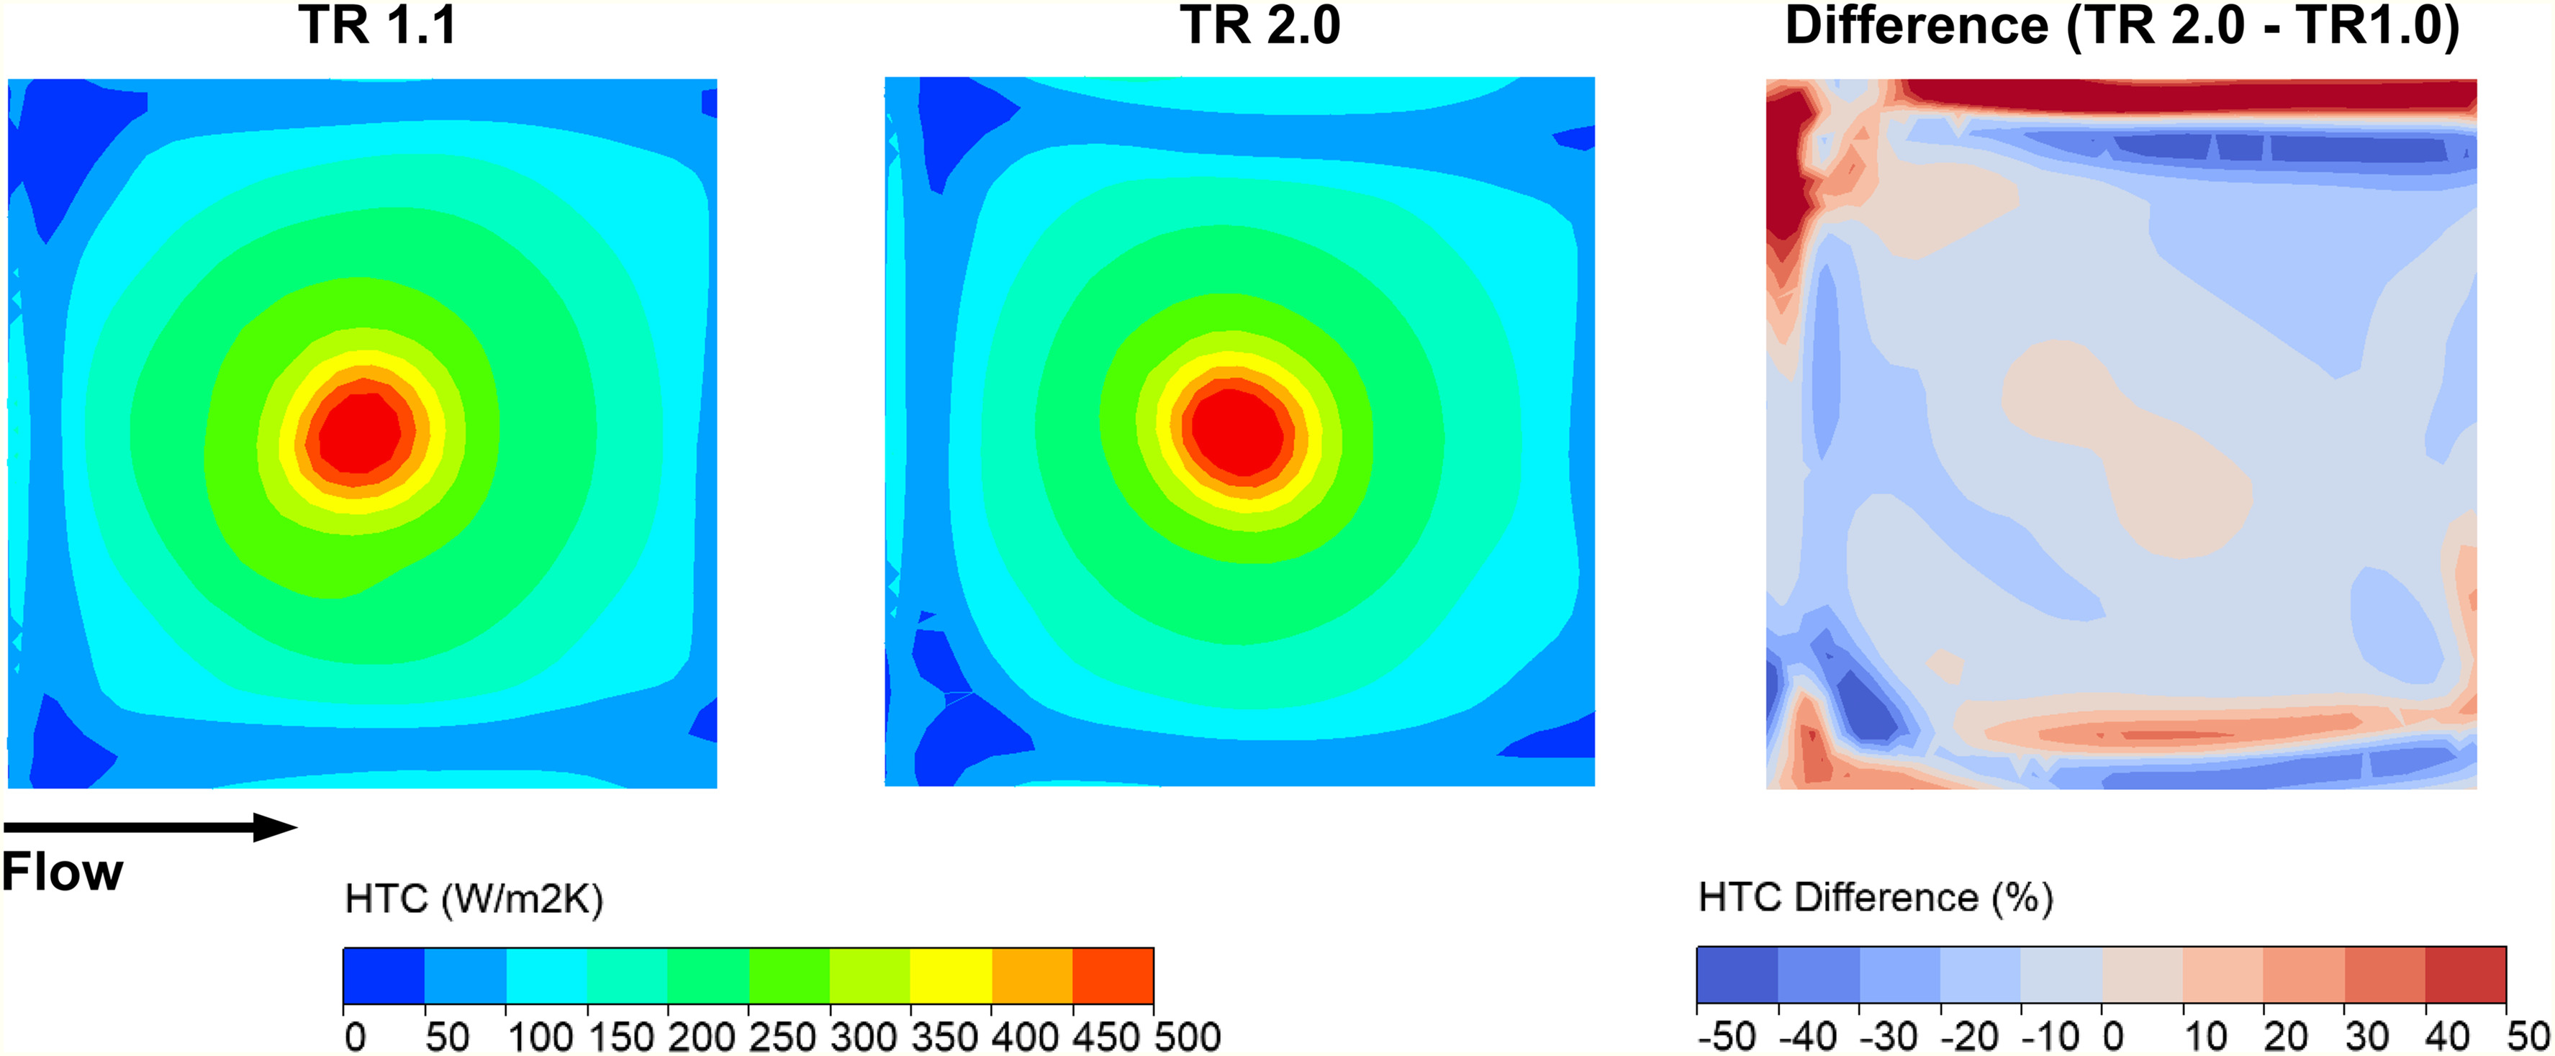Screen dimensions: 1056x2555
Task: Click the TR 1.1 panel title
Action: pos(377,26)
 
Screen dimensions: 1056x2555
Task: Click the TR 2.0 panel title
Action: pos(1260,26)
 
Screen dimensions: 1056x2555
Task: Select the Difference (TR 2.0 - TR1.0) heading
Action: pos(2122,26)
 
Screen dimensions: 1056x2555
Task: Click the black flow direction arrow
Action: pos(149,827)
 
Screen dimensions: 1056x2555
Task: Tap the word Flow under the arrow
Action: pos(61,873)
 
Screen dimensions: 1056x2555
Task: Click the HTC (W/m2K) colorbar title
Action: pos(473,899)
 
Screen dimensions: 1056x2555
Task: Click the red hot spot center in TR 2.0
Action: pos(1240,432)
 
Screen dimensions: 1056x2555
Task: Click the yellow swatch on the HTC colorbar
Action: pos(950,975)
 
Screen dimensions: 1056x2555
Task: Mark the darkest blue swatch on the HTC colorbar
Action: pos(384,975)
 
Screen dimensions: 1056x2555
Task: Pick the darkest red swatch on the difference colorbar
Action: pos(2465,975)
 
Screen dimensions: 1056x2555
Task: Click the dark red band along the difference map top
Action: pos(2182,94)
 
